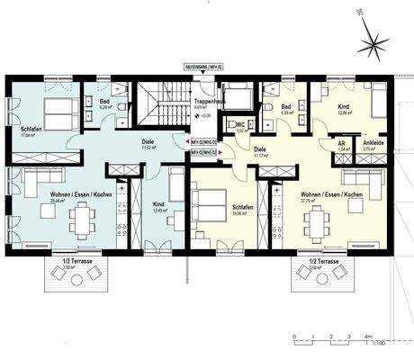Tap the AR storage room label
point(341,143)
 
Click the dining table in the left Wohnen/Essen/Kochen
point(82,215)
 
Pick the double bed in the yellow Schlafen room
point(209,212)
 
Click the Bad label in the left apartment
point(104,103)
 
